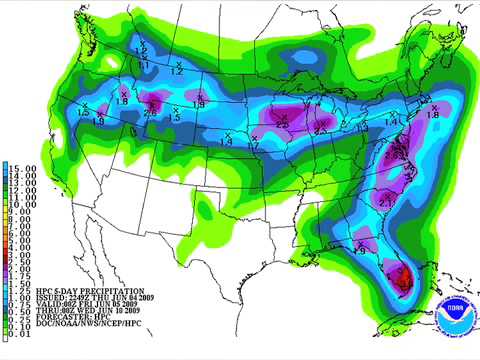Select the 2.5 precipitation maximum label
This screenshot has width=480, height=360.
click(x=284, y=125)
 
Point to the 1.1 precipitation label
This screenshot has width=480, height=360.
click(x=143, y=64)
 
